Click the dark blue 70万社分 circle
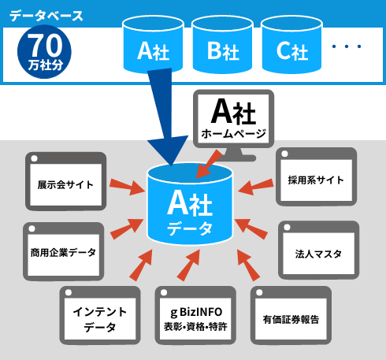(44, 52)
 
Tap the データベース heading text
(46, 16)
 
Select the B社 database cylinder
(222, 45)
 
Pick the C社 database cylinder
(291, 45)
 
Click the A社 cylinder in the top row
(153, 45)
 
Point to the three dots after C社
(347, 46)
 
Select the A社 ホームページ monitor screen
(234, 119)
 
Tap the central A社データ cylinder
(190, 203)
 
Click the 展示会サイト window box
(65, 181)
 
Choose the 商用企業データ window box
(63, 251)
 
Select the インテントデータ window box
(100, 315)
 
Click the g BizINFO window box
(195, 315)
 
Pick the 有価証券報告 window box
(291, 315)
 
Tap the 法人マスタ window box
(318, 251)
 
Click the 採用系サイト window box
(316, 176)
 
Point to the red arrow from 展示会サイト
(128, 187)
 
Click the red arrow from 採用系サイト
(255, 187)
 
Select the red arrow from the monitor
(208, 164)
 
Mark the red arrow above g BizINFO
(189, 265)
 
